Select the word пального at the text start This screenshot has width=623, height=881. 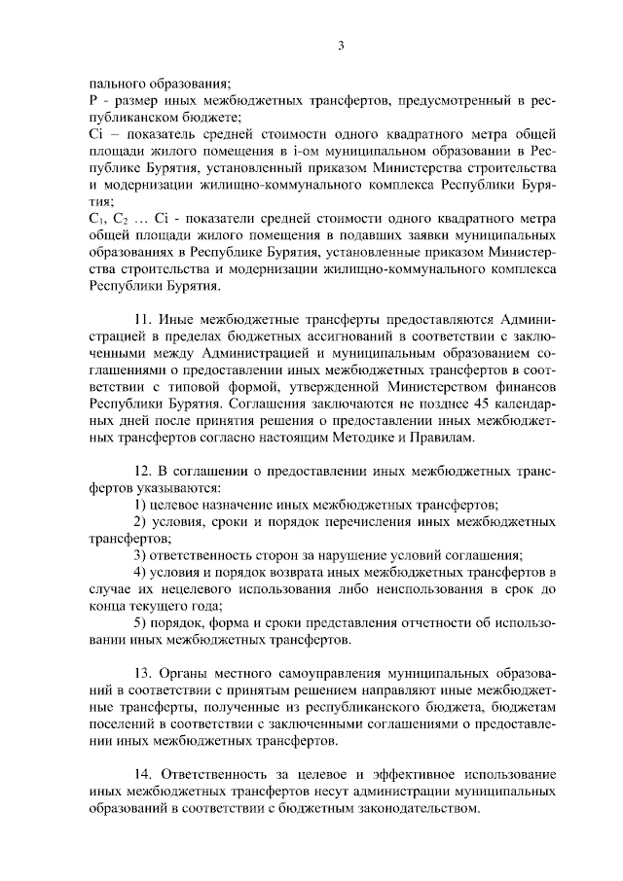[x=112, y=84]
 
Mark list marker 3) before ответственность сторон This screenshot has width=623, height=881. [x=139, y=555]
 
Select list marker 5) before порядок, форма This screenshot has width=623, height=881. [x=139, y=623]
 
